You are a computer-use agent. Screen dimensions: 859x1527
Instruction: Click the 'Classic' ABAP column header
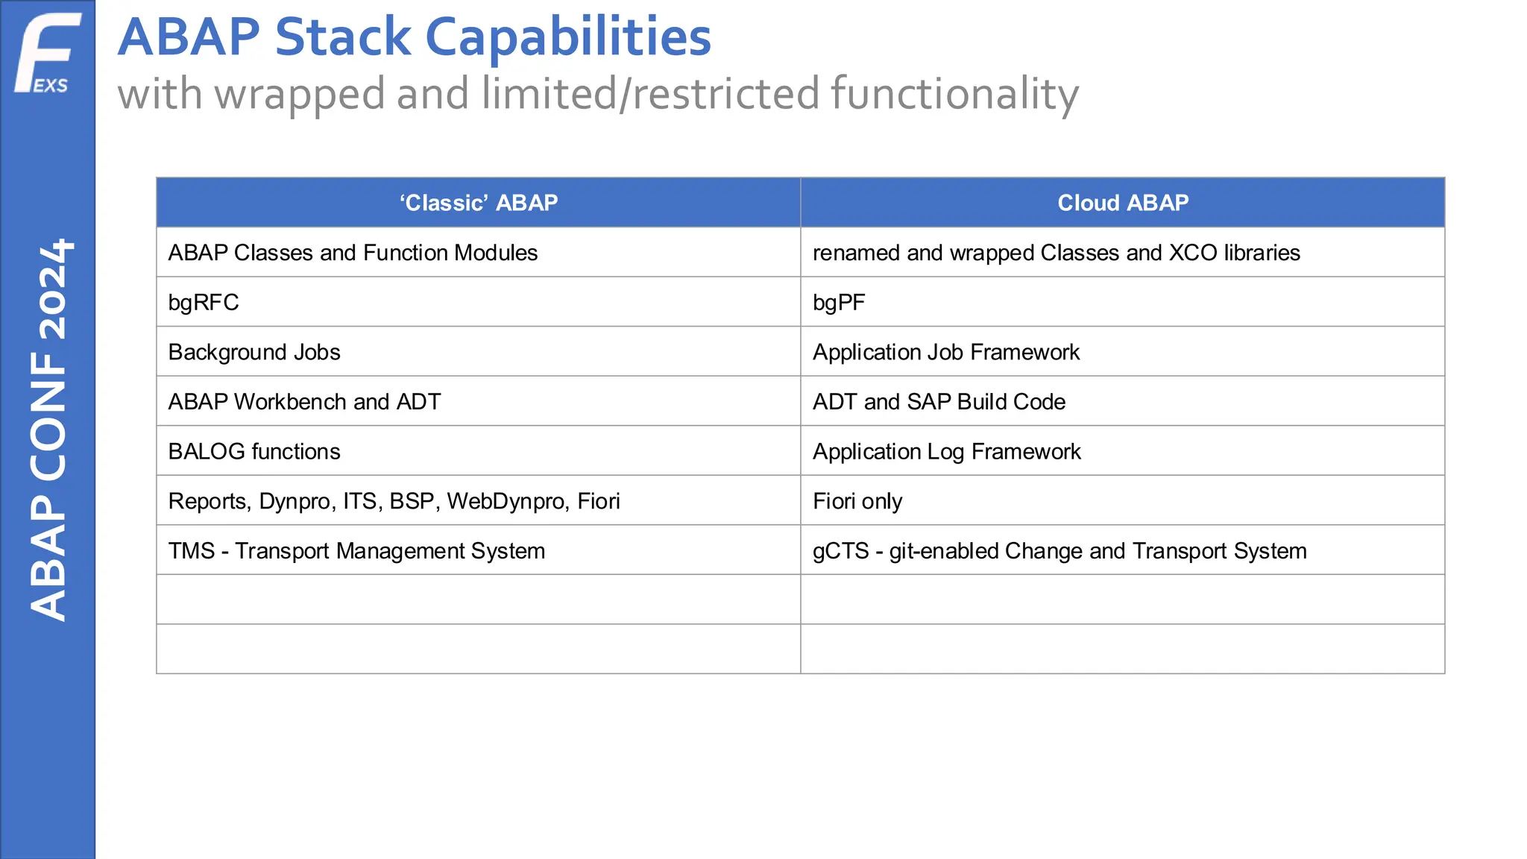tap(478, 203)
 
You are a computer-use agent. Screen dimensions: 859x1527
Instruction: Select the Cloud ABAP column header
tap(1122, 203)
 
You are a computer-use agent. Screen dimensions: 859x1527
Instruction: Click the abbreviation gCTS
tap(840, 551)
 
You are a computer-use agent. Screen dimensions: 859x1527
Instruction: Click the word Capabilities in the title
tap(568, 37)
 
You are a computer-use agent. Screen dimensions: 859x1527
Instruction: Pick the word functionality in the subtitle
tap(954, 94)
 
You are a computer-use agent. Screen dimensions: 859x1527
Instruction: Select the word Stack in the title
tap(342, 37)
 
